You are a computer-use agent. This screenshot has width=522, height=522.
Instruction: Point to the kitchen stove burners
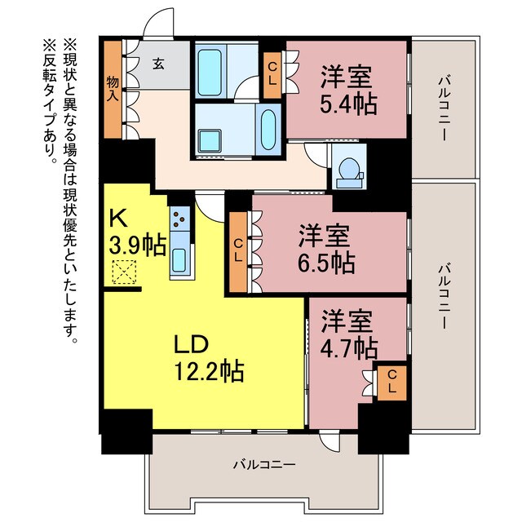pos(180,219)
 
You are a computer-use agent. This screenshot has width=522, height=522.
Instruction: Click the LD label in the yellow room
pos(192,343)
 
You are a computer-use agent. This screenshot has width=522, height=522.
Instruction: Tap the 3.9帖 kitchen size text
pos(137,244)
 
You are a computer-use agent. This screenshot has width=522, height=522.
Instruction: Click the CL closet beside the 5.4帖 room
pos(272,74)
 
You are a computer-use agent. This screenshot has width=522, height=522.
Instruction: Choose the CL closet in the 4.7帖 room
pos(391,383)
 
